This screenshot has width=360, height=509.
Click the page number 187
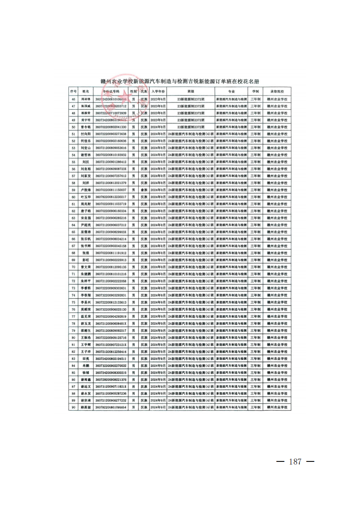coord(295,462)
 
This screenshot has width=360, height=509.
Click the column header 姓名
coord(86,91)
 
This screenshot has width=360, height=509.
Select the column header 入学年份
coord(158,91)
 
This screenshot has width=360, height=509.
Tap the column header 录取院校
coord(277,91)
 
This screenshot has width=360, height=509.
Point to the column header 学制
coord(256,91)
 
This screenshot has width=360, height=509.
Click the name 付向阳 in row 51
coord(86,134)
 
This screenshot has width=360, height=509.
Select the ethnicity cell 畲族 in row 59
coord(144,189)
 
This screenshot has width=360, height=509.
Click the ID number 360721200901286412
coord(111,162)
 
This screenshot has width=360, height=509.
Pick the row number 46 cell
coord(73,99)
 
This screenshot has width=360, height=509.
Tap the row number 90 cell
coord(73,407)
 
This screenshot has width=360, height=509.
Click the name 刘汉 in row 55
coord(86,162)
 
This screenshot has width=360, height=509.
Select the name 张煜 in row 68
coord(86,253)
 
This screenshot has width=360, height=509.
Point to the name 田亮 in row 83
coord(86,358)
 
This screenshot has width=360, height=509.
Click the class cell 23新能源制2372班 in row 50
coord(190,127)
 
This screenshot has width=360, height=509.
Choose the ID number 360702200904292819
coord(111,316)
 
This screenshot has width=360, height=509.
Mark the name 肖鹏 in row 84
coord(86,365)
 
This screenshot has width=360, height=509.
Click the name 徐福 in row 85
coord(86,372)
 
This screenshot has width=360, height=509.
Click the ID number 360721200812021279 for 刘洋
coord(111,183)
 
